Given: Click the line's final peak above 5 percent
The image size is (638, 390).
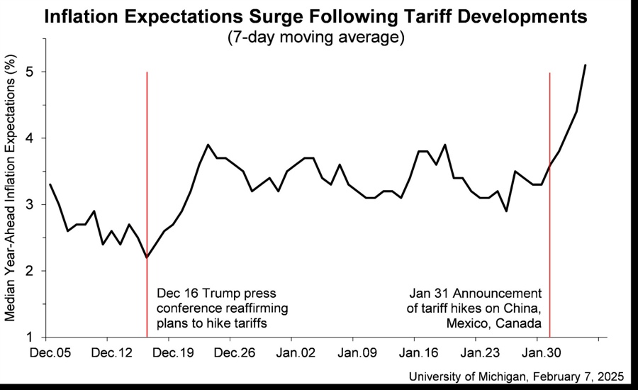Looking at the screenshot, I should click(585, 65).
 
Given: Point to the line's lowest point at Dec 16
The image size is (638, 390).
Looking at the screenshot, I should click(147, 257).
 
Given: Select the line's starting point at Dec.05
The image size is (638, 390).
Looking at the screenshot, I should click(50, 184).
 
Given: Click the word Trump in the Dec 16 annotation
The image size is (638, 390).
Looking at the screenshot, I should click(222, 293).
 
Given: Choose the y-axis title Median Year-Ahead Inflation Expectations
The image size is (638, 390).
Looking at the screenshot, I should click(11, 190).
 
